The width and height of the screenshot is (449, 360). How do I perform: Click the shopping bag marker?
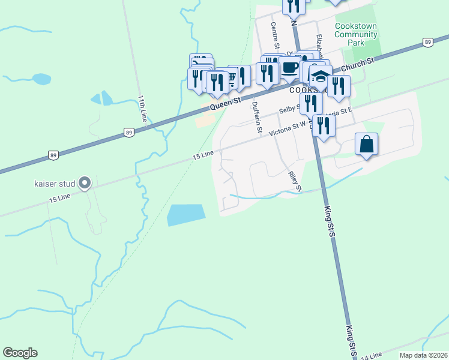366,145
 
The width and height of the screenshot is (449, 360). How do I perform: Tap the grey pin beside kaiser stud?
85,183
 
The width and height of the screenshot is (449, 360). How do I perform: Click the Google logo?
20,353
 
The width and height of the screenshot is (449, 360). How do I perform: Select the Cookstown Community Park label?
356,35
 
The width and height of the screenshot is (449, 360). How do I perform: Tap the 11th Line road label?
142,109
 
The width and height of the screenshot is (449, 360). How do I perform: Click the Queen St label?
225,104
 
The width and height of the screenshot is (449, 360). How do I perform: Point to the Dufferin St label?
257,117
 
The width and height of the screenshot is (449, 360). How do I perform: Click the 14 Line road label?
371,356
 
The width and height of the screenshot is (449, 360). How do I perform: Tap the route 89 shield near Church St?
427,42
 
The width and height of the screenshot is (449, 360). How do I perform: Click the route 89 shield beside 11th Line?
128,133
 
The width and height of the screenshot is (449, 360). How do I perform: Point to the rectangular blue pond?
185,214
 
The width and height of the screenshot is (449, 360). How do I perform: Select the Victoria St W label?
288,128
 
